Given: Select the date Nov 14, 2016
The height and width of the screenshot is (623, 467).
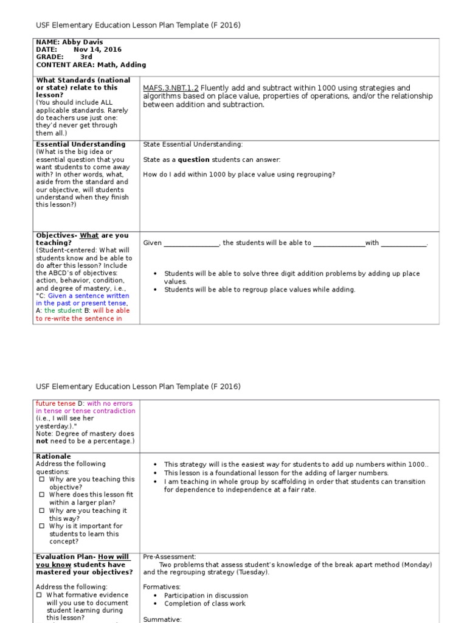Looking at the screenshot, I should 97,49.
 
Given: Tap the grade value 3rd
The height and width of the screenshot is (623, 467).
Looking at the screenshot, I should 86,57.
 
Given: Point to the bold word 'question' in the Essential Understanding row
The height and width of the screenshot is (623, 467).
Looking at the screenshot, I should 193,160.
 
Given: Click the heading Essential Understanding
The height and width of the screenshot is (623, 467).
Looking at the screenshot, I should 81,144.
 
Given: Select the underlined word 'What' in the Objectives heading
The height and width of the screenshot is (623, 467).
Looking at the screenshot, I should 89,235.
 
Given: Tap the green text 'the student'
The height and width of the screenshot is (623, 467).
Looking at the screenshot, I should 63,310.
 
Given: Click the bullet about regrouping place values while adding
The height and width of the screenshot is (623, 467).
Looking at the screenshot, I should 260,290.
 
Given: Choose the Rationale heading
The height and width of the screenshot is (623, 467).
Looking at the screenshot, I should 54,456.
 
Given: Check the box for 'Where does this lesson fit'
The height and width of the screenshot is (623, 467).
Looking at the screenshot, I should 41,495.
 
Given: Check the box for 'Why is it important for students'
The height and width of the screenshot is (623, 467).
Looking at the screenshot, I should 41,526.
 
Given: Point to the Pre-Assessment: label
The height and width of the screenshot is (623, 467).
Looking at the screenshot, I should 170,557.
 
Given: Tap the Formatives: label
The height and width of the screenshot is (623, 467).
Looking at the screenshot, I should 162,588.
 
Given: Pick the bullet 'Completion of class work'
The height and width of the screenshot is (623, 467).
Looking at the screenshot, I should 206,604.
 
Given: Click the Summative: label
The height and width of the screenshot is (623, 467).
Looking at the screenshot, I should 162,619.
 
